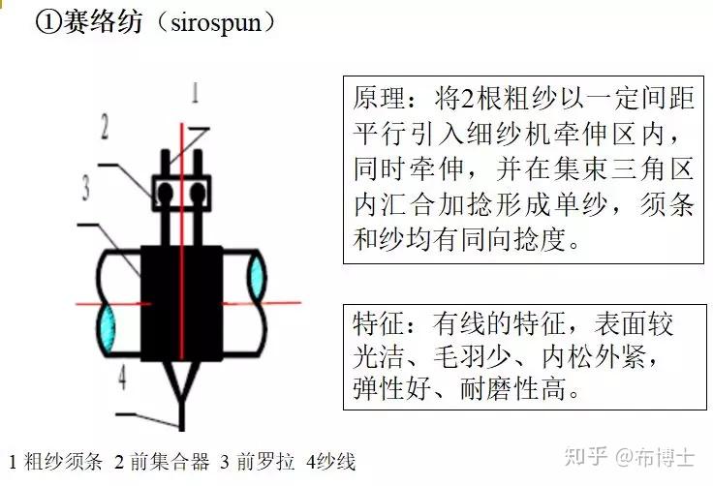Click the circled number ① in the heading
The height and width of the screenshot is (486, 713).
pos(47,21)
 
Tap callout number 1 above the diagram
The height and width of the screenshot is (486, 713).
pos(197,93)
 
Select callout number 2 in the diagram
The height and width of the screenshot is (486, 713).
pos(106,125)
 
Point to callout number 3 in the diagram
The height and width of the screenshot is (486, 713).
pos(86,187)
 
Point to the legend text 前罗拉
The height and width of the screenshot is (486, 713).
pos(264,462)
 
